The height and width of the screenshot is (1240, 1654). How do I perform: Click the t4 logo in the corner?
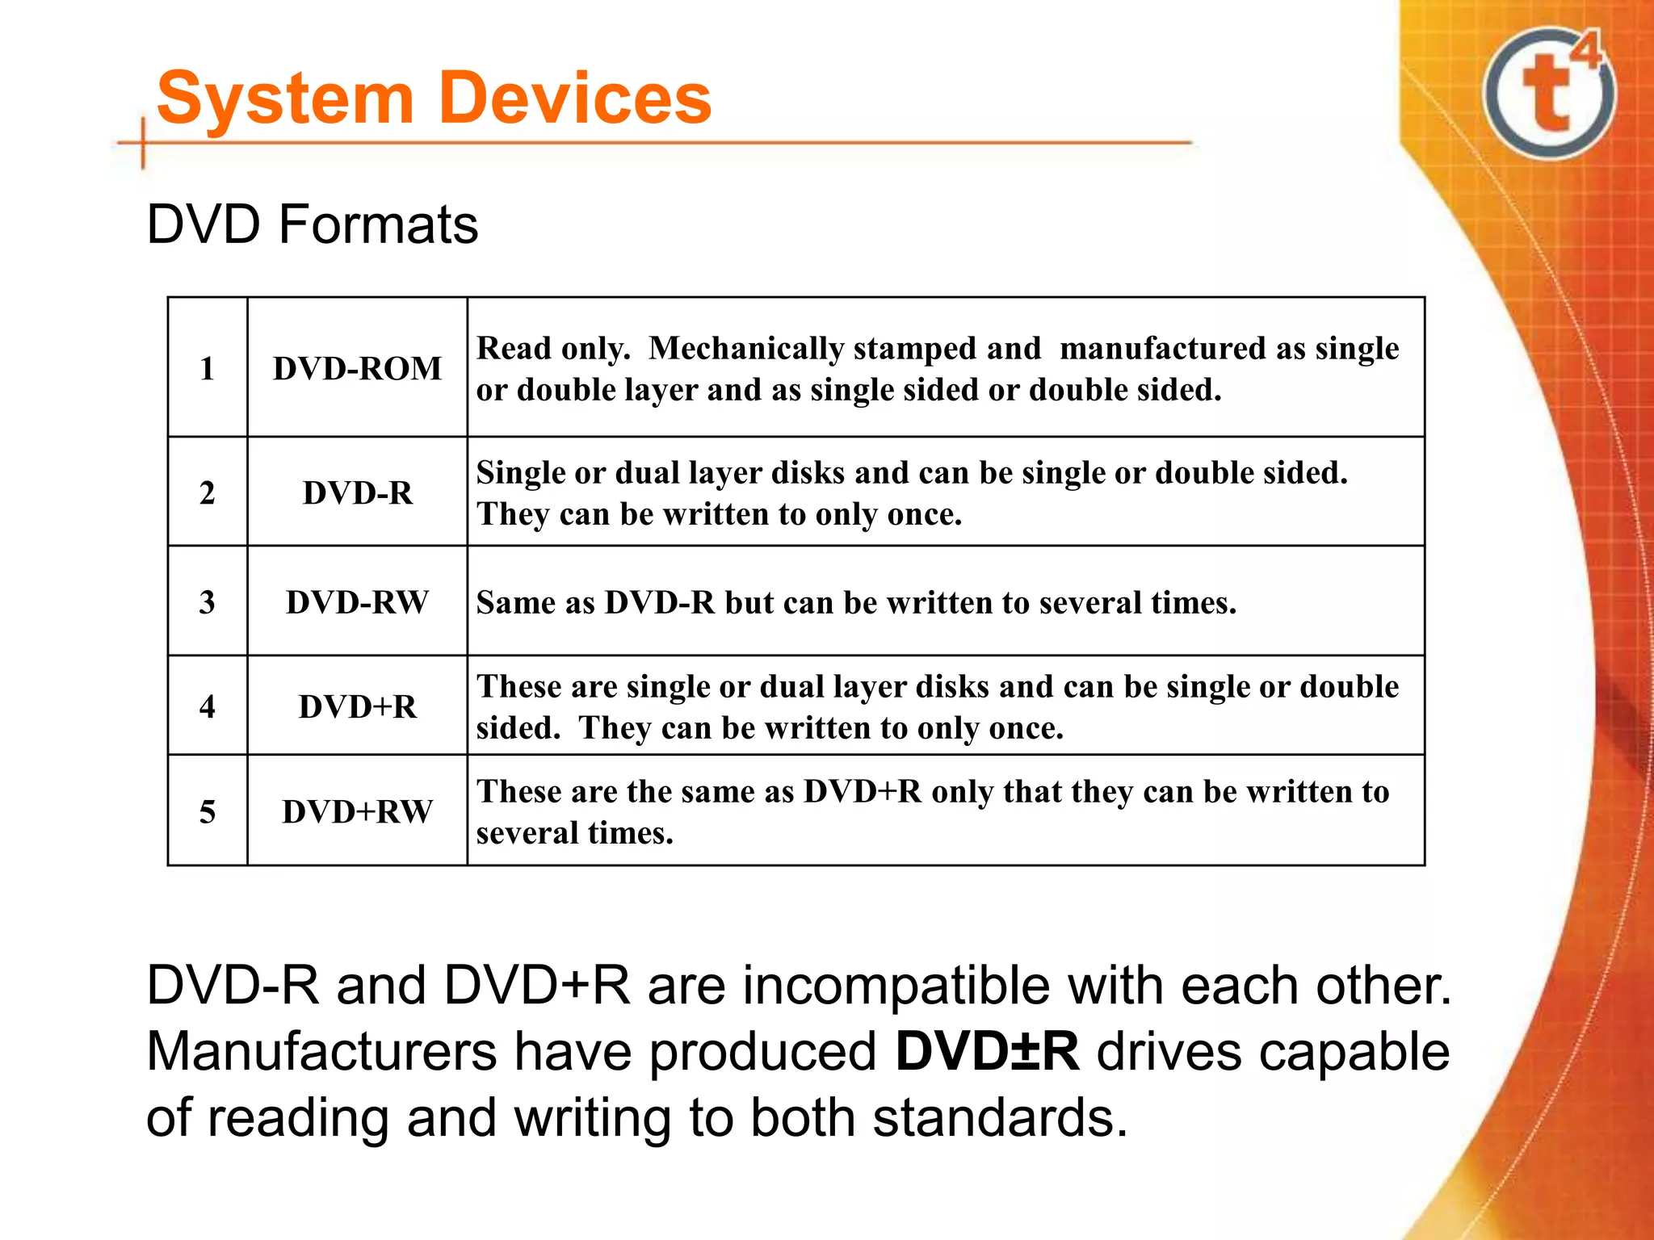[x=1549, y=93]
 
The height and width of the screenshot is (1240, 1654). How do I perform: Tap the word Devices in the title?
[x=577, y=98]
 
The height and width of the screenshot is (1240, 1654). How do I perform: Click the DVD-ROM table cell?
[x=357, y=368]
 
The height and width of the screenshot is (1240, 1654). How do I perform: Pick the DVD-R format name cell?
[x=357, y=492]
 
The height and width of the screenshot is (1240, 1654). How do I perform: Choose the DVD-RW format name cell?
[x=357, y=602]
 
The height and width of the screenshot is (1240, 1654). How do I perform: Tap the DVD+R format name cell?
[x=357, y=706]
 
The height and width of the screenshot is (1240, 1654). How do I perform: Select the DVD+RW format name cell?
[x=357, y=811]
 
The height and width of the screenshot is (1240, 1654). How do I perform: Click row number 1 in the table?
[x=208, y=368]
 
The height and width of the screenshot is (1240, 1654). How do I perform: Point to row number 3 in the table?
[x=208, y=602]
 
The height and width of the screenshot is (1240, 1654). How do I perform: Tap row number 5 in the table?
[x=208, y=811]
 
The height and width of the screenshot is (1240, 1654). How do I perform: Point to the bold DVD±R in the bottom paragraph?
[x=987, y=1051]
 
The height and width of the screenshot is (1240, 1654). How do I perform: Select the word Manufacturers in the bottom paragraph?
[x=321, y=1051]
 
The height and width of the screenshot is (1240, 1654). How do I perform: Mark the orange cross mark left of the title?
[x=143, y=144]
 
